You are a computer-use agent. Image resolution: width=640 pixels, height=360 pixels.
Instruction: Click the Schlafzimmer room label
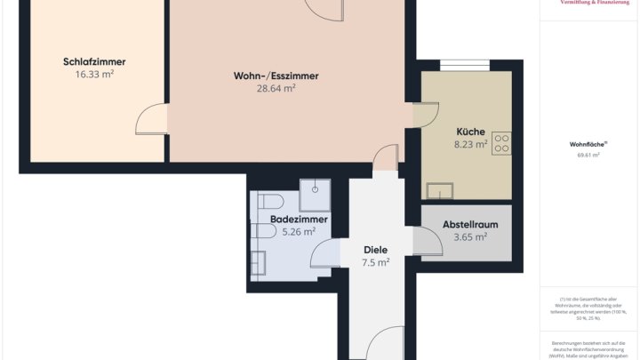(94, 62)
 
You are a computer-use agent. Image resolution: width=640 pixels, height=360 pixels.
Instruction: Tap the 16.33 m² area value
(94, 76)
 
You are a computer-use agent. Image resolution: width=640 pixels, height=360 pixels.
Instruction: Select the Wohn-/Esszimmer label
(276, 76)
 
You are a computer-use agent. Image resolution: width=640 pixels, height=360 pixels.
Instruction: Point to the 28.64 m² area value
(276, 89)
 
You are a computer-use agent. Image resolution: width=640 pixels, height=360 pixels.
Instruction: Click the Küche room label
(470, 132)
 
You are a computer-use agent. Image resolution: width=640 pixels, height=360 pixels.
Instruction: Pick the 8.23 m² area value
(470, 144)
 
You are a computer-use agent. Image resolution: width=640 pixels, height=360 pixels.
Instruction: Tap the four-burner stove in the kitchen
(501, 143)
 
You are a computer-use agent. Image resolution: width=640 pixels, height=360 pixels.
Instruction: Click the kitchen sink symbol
(440, 190)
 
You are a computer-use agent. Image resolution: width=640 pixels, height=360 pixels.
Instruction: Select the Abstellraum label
(470, 225)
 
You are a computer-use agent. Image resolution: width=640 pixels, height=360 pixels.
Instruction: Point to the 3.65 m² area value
(470, 237)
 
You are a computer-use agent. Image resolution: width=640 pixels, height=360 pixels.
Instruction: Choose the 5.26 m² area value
(299, 232)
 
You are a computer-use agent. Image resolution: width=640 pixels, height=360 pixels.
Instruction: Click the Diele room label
(376, 250)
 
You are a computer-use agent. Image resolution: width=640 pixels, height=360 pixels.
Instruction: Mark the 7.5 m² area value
(376, 263)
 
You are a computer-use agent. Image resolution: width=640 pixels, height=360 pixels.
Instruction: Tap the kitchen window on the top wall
(464, 64)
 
